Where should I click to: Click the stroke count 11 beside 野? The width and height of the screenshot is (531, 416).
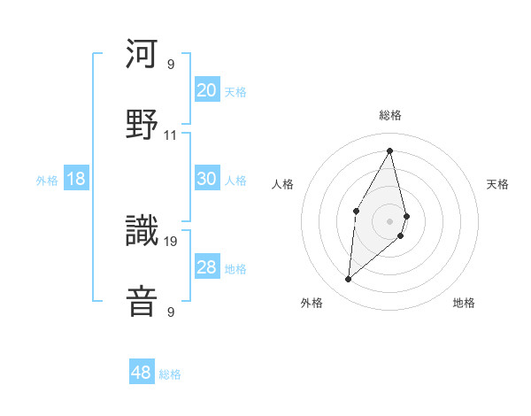point(171,135)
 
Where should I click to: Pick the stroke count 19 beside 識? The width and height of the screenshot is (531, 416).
point(171,240)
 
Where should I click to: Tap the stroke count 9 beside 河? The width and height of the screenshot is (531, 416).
point(171,65)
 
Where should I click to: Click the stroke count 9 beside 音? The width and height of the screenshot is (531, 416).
point(171,312)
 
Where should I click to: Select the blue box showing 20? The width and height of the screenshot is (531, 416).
point(206,90)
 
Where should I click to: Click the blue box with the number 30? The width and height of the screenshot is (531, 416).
point(206,179)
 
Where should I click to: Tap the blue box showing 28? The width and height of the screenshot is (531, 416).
point(206,267)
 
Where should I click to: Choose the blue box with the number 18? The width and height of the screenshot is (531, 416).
point(76,179)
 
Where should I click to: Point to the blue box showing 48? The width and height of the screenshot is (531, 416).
point(142,373)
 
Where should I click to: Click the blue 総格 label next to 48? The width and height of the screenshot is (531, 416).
point(170,374)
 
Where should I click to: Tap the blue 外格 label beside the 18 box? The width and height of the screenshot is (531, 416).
point(47,181)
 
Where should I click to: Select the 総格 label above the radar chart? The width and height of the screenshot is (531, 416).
point(389,115)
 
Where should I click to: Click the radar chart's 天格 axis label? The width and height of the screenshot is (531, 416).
point(497,184)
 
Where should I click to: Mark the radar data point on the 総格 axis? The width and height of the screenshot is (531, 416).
point(389,150)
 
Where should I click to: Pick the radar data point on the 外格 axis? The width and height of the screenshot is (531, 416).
point(348,280)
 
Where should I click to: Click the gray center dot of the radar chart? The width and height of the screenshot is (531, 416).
point(389,220)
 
